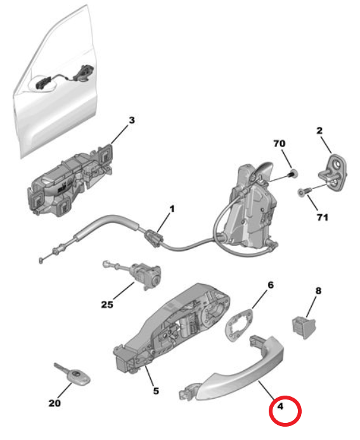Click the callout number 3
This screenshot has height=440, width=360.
[132, 120]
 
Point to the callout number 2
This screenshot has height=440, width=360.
[320, 131]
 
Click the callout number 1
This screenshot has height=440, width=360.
[171, 208]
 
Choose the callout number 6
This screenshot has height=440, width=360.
[270, 285]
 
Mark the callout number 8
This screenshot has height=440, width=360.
[318, 290]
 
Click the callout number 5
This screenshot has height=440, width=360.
[155, 391]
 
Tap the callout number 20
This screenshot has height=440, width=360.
[56, 403]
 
